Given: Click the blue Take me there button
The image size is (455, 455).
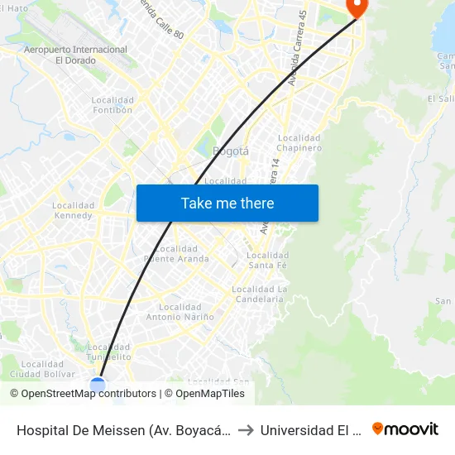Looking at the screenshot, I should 227,203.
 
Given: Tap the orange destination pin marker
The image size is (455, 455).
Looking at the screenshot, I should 357,7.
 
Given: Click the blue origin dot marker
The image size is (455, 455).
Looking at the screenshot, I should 98,385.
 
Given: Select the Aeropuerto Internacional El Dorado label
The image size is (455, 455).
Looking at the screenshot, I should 76,55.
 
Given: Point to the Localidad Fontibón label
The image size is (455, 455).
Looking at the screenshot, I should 113,105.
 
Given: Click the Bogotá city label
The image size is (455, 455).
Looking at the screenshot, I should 231,151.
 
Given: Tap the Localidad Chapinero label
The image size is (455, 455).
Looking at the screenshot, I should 299,143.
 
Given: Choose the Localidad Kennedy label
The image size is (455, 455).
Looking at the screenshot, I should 73,210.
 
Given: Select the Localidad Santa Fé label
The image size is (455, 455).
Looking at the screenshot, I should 268,260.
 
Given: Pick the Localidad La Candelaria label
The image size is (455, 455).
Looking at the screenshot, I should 259,294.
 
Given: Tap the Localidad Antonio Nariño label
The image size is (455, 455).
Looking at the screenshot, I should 180,312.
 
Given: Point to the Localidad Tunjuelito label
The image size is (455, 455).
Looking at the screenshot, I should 109,352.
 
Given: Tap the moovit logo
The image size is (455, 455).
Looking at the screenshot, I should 405,429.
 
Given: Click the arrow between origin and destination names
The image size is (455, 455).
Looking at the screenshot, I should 247,429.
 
